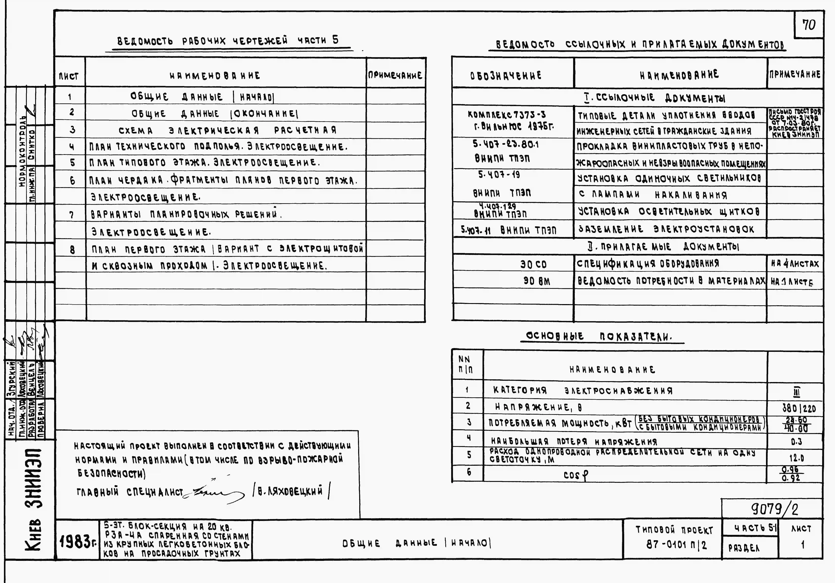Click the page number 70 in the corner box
809,25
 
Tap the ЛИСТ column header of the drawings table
69,76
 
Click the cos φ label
575,475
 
